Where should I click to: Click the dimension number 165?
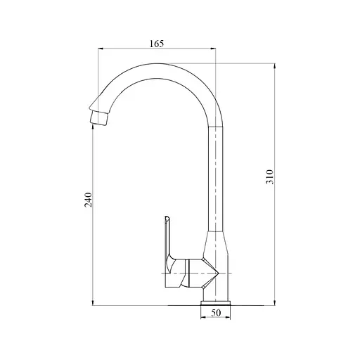click(157, 44)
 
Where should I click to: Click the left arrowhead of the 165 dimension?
click(99, 49)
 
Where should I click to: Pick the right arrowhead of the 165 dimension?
click(214, 49)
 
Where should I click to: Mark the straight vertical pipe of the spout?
click(216, 176)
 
